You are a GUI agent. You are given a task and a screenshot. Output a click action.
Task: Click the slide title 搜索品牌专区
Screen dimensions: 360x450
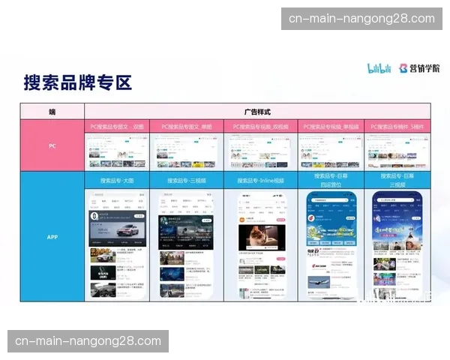[x=77, y=82]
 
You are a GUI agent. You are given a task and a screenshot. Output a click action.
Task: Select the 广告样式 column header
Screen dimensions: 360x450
[x=256, y=112]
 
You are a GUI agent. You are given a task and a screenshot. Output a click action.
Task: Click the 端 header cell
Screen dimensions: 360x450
[x=52, y=112]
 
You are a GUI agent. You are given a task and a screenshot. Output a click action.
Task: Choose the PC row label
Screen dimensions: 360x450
[x=52, y=145]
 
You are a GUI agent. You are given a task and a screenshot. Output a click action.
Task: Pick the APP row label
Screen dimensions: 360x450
[x=52, y=236]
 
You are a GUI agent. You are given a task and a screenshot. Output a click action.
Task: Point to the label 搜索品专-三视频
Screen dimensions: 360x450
[x=187, y=181]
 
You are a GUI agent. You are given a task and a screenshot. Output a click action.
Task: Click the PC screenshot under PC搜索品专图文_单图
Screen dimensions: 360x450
[x=187, y=151]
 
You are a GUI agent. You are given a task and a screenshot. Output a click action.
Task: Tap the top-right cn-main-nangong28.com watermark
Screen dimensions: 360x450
[x=361, y=19]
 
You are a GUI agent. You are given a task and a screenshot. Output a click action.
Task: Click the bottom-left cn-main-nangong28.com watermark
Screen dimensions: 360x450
[x=88, y=341]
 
